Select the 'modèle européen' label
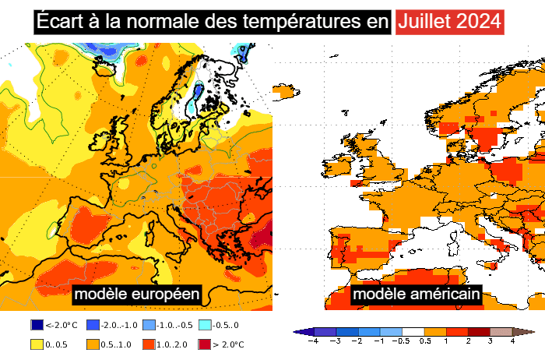point(137,295)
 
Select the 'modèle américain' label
point(416,295)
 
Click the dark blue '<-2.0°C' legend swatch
point(37,325)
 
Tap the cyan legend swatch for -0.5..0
point(205,325)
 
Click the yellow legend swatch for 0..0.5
point(37,344)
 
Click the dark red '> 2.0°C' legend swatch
point(205,344)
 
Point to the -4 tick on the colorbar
point(314,341)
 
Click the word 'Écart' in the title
point(56,21)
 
